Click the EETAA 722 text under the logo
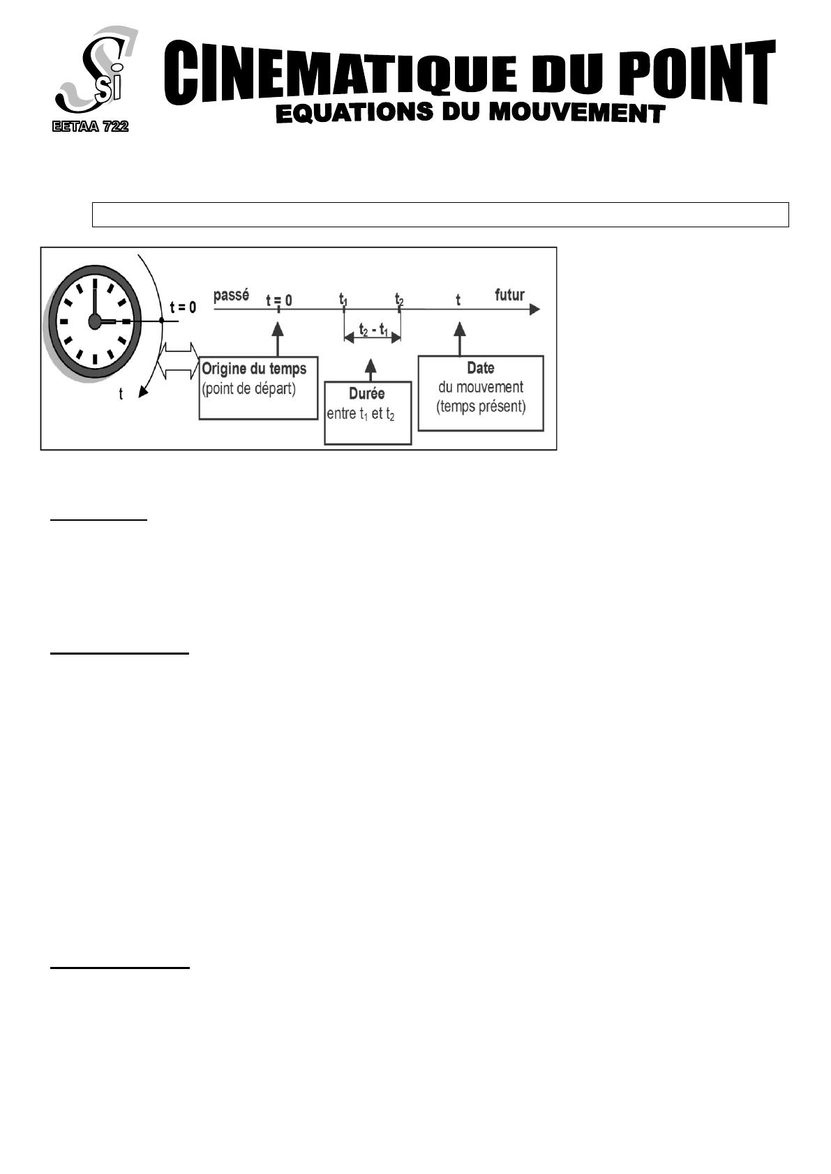click(90, 126)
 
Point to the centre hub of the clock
click(94, 321)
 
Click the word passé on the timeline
click(232, 295)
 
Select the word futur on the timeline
click(509, 295)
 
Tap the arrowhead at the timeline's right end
click(534, 310)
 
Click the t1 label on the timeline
click(343, 299)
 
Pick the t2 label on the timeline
click(399, 299)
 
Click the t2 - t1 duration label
click(373, 329)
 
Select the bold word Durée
click(367, 393)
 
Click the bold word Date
click(481, 368)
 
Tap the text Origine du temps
click(254, 369)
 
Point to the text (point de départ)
click(248, 389)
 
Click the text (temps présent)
click(481, 406)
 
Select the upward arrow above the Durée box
click(370, 370)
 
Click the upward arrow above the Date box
click(460, 339)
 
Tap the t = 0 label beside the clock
click(183, 307)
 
